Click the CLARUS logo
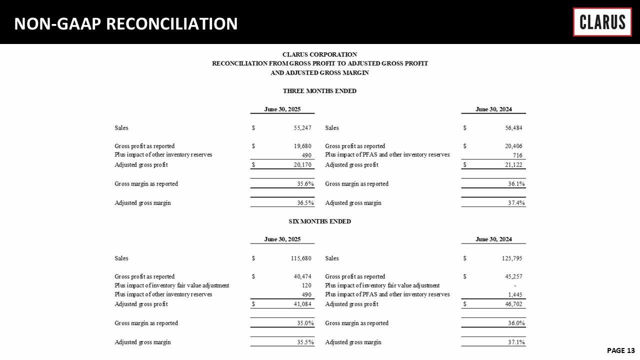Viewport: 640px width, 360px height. tap(602, 22)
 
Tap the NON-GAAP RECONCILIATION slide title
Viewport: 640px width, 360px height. tap(126, 23)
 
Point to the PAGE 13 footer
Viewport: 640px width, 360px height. tap(620, 350)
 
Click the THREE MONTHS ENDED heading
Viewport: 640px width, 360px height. tap(319, 91)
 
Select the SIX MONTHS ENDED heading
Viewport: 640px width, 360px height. tap(319, 221)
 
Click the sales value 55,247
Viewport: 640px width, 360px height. tap(302, 128)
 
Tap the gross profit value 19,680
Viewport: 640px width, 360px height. tap(302, 146)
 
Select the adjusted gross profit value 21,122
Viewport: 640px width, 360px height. tap(513, 165)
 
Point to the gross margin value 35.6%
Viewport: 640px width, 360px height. tap(304, 183)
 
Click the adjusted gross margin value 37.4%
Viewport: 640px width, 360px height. tap(515, 203)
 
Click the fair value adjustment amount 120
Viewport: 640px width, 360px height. tap(306, 285)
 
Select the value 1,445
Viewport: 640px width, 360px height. tap(515, 294)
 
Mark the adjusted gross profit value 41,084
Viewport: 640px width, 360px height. tap(302, 304)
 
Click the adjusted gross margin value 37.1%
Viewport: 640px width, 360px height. tap(515, 342)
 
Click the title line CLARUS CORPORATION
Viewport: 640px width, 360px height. tap(319, 54)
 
